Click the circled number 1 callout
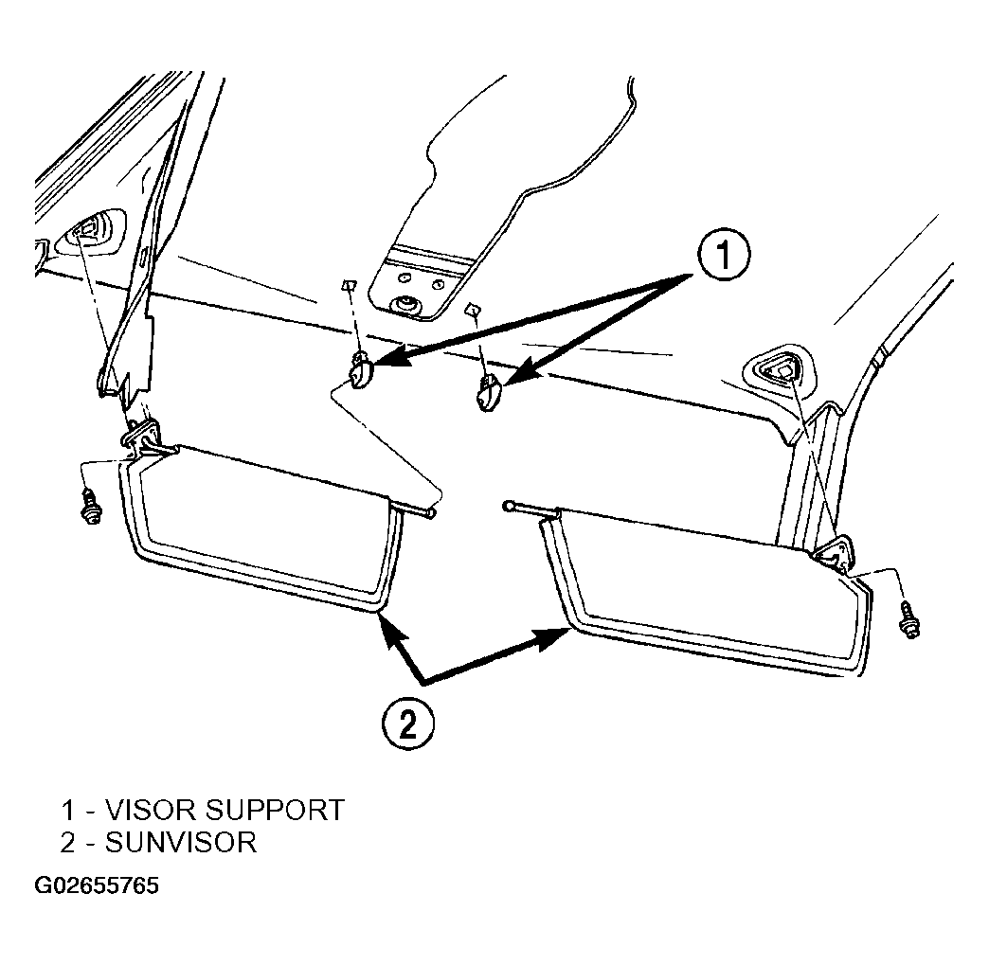tap(724, 256)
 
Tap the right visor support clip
tap(488, 392)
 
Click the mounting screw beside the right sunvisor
tap(910, 620)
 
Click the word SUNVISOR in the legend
tap(181, 843)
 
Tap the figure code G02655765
tap(97, 886)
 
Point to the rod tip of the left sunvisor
tap(431, 514)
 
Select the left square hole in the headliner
tap(348, 285)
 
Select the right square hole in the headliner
tap(472, 309)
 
